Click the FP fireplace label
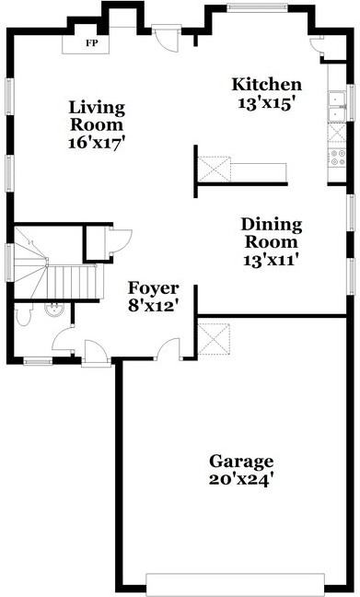click(91, 43)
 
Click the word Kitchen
click(265, 85)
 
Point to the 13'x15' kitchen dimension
click(265, 103)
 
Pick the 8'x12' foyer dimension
click(153, 303)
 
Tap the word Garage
click(241, 461)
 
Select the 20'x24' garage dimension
click(241, 479)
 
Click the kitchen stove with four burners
click(338, 158)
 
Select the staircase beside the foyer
click(55, 276)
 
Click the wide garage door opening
click(235, 582)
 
